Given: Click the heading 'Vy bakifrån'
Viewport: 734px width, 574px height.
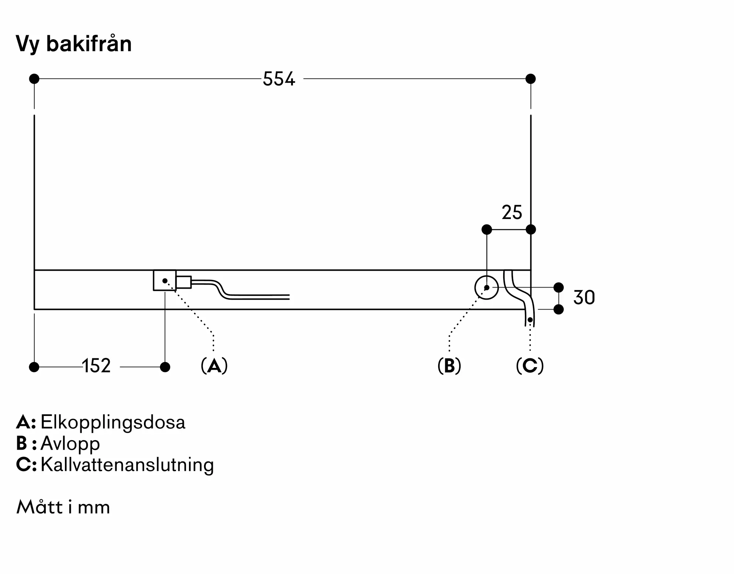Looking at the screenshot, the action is (x=74, y=44).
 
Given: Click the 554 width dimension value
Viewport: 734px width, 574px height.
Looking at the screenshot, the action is (x=279, y=79).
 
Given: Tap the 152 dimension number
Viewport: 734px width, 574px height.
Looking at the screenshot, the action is (x=96, y=366).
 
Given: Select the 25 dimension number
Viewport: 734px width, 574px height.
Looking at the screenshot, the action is (x=512, y=212).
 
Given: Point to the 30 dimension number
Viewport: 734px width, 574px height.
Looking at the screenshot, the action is (x=584, y=297).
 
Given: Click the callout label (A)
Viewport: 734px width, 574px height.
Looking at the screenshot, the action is (x=214, y=366).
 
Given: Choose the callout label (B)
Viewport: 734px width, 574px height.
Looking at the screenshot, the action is (x=449, y=366).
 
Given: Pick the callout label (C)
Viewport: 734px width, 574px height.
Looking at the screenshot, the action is (x=530, y=366).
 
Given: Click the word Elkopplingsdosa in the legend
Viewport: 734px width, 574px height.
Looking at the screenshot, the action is (x=113, y=422).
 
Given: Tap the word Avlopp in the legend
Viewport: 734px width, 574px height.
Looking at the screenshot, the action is (x=70, y=443).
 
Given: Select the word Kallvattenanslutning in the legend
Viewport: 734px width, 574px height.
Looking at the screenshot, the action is (x=127, y=465).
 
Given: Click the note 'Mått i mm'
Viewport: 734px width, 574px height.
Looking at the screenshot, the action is (x=63, y=507).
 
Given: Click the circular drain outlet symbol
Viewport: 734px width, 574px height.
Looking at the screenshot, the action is (x=486, y=288).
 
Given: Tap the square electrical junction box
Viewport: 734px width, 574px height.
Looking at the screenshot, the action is (x=164, y=281).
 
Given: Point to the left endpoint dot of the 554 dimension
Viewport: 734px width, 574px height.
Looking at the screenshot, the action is (x=34, y=79).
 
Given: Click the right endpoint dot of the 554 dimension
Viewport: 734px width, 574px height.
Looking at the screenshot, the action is (x=530, y=79).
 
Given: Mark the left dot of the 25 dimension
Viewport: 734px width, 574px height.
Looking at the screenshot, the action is (x=487, y=230).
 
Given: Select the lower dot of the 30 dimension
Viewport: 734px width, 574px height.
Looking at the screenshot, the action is (x=558, y=310).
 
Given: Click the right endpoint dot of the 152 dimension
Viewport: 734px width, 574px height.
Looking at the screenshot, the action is (x=165, y=367).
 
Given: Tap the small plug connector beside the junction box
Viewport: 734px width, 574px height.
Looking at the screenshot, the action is (x=183, y=282).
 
